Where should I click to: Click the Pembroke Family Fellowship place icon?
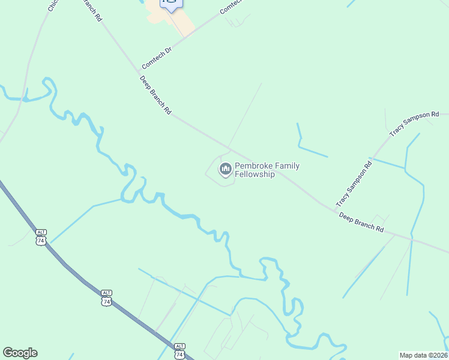pyautogui.click(x=226, y=170)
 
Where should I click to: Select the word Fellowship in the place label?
pyautogui.click(x=255, y=175)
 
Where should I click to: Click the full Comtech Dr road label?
pyautogui.click(x=156, y=56)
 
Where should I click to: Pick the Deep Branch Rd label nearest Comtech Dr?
pyautogui.click(x=155, y=95)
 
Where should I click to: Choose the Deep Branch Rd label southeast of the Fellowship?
pyautogui.click(x=361, y=221)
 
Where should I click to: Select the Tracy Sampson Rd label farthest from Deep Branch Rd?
pyautogui.click(x=414, y=123)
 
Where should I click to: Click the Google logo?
pyautogui.click(x=20, y=353)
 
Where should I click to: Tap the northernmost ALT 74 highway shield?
pyautogui.click(x=41, y=237)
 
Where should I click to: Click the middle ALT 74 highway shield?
pyautogui.click(x=106, y=298)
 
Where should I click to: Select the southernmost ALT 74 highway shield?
pyautogui.click(x=179, y=350)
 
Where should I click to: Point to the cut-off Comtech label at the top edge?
pyautogui.click(x=231, y=6)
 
